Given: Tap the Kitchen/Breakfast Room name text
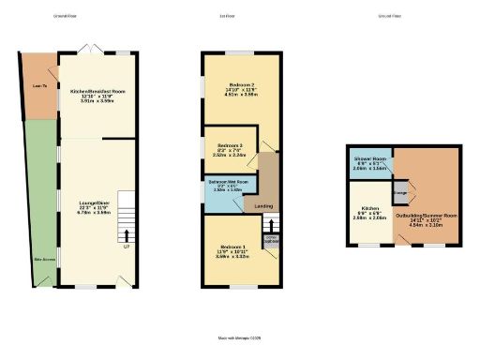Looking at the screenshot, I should [x=97, y=92].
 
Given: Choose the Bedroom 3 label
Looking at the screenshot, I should [x=231, y=146].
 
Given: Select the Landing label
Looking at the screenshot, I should [x=264, y=206].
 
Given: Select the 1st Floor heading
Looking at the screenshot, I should [x=239, y=17].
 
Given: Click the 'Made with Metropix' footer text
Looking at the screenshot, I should [x=239, y=337].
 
